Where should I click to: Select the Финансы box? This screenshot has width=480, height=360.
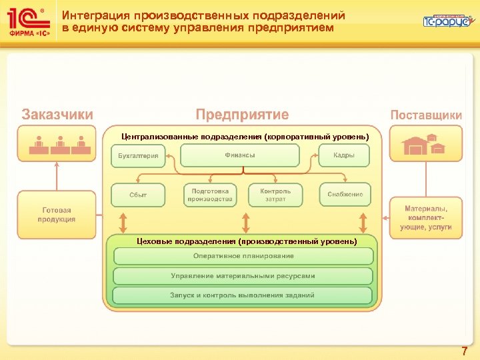tap(240, 155)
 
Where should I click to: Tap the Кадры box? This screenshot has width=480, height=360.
tap(344, 155)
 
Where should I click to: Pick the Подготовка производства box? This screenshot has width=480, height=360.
tap(210, 194)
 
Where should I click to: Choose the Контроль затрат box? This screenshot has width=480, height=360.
tap(275, 194)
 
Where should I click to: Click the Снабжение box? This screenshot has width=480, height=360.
tap(345, 195)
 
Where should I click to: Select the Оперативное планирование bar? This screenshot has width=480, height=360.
tap(243, 256)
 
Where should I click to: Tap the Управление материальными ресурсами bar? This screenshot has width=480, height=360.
tap(243, 275)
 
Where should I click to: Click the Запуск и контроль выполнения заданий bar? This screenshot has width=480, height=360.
tap(243, 295)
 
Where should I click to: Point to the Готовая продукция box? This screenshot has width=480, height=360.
tap(57, 215)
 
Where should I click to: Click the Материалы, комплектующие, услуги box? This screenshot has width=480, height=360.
tap(425, 217)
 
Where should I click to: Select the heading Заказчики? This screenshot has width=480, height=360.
tap(57, 115)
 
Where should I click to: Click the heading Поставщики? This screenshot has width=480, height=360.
tap(425, 115)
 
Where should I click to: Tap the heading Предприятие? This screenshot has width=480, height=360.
tap(242, 115)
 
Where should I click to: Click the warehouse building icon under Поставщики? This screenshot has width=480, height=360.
tap(425, 144)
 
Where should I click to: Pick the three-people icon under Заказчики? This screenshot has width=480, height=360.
tap(57, 145)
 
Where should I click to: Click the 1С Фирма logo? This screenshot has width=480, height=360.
tap(28, 21)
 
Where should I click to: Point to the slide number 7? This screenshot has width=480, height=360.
tap(464, 351)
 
